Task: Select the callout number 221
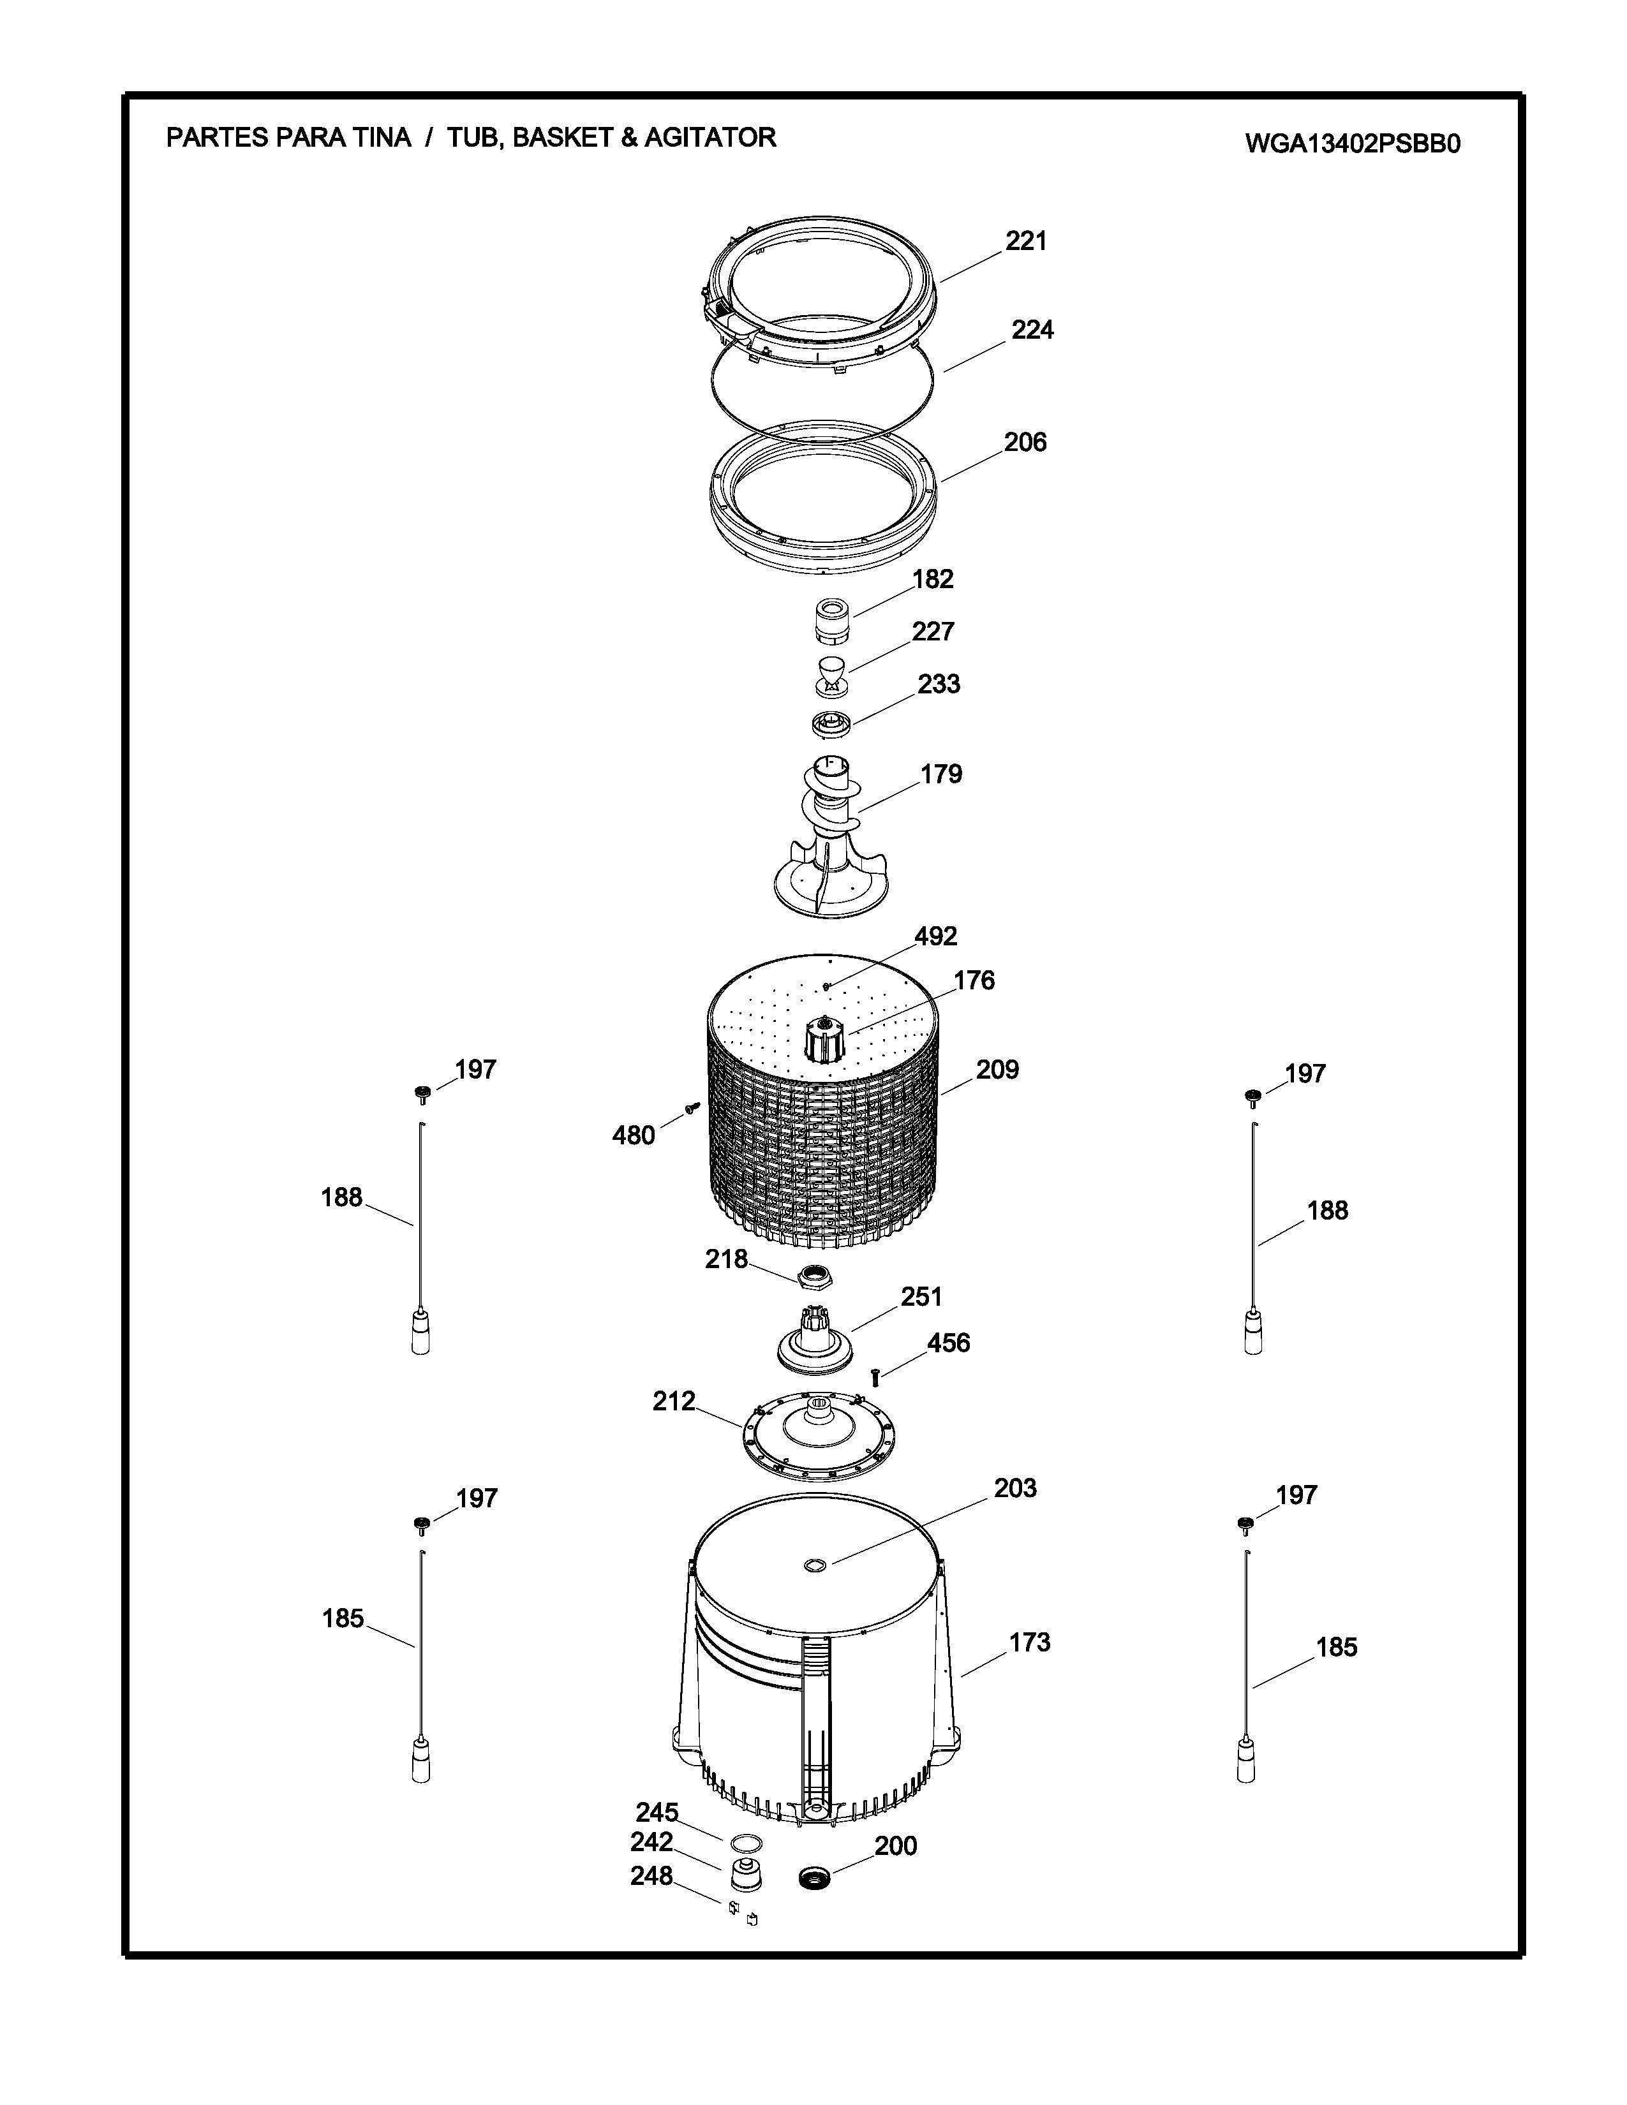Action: [1027, 241]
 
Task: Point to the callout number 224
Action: [1032, 330]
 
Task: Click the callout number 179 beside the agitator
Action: [940, 774]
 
